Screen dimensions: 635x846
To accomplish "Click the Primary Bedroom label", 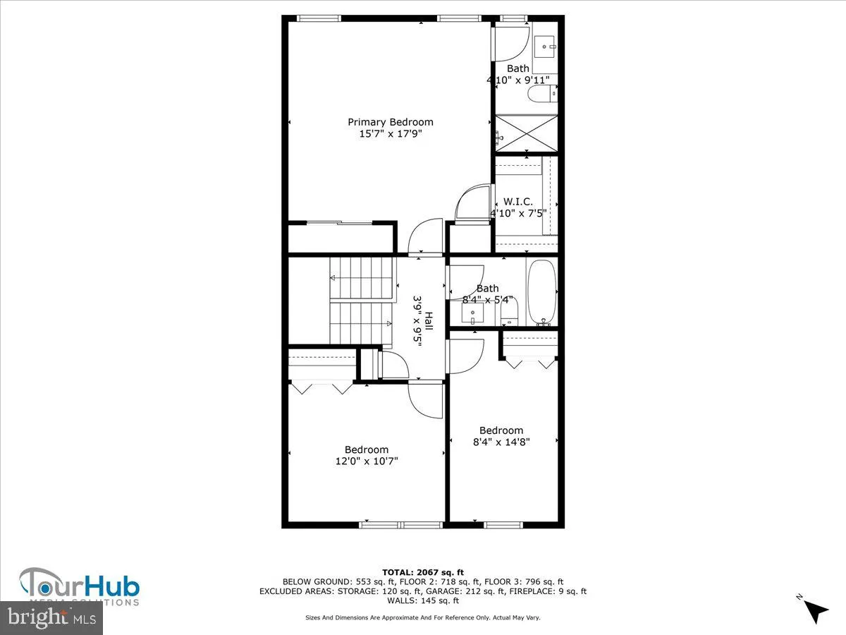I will click(x=390, y=122).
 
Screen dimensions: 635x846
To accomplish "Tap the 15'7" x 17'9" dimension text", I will click(x=390, y=133).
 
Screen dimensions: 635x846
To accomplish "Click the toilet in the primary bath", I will click(x=542, y=93).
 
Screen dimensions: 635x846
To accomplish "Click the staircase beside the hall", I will click(x=360, y=301).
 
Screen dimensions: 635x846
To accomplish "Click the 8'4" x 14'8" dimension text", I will click(x=501, y=442).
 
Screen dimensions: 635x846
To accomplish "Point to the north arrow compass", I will click(x=815, y=609).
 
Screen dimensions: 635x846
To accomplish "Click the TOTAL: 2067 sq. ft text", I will click(x=422, y=572).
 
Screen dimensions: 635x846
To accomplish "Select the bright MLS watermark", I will click(x=51, y=618).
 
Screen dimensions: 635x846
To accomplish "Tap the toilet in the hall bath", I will click(x=510, y=312).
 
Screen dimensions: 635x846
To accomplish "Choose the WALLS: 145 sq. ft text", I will click(x=422, y=600).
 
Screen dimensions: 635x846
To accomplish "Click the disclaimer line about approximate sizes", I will click(x=422, y=617).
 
